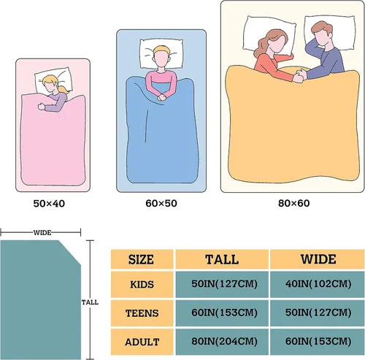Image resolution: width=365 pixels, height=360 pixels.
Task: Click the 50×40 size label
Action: pos(49,204)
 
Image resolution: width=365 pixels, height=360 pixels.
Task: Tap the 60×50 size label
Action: pos(161,203)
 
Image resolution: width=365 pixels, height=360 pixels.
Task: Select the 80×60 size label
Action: pos(294,203)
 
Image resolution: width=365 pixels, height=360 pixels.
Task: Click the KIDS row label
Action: pos(142,284)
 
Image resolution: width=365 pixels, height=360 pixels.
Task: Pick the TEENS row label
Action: pos(142,313)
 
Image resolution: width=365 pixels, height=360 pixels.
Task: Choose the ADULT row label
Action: pos(142,342)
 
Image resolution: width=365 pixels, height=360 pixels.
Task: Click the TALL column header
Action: pos(222,259)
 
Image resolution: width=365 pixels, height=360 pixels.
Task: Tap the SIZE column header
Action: pos(141,259)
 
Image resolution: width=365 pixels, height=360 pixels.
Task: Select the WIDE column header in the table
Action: pos(318,259)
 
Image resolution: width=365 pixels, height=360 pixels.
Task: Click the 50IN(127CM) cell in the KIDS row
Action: pos(224,284)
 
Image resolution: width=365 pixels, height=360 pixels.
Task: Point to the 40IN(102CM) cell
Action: pos(318,284)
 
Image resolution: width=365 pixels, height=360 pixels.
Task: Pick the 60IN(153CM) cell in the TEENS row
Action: pos(224,313)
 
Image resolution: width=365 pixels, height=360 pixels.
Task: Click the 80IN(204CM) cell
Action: pos(224,341)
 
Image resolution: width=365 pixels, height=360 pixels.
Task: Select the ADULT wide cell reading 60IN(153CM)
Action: pos(318,341)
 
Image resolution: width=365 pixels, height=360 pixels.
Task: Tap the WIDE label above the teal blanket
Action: pos(42,233)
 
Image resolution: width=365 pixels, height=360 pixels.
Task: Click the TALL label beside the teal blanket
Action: pos(90,302)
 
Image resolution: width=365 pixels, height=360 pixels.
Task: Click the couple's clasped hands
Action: pos(299,75)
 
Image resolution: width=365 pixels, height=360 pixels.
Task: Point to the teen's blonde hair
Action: pos(161,50)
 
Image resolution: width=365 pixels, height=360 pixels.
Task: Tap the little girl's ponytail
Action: pos(64,89)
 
